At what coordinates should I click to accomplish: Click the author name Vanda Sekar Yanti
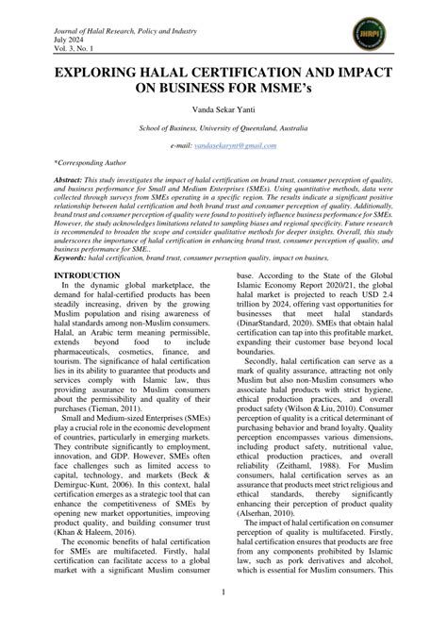[223, 108]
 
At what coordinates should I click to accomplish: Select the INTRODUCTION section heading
[87, 274]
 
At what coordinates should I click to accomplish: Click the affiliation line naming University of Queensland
[223, 127]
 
